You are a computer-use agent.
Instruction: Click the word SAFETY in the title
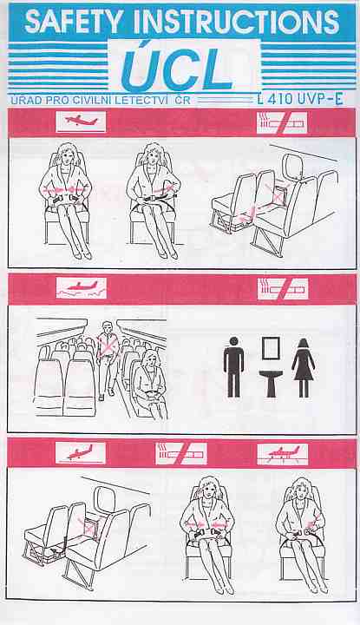74,22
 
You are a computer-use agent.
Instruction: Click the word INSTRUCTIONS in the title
237,22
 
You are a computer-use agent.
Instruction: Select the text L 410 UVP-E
300,98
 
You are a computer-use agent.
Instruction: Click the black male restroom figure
233,366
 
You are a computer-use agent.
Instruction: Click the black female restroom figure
304,367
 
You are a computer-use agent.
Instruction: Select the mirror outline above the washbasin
271,348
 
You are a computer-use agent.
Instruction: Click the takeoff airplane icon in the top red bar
82,122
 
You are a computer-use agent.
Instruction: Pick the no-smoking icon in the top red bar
282,122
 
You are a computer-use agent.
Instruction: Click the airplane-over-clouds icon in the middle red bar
82,288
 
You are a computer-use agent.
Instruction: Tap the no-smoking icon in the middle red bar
283,289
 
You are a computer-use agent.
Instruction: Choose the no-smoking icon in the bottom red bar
181,454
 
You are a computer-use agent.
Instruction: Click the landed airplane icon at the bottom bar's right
283,454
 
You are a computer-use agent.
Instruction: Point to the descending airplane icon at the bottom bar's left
81,453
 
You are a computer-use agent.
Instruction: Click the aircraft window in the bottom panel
104,500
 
